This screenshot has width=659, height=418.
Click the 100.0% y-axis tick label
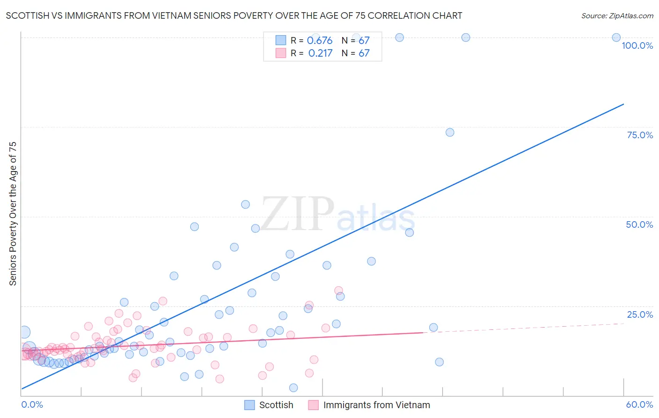(x=637, y=45)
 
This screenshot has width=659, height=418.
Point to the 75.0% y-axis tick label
(x=640, y=135)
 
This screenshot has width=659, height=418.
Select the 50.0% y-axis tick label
(x=639, y=224)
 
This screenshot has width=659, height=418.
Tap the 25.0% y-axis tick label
(x=640, y=314)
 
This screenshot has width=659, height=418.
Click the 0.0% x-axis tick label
(x=32, y=404)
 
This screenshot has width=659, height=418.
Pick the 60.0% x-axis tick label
(x=639, y=404)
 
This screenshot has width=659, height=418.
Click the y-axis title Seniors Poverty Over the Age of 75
(x=13, y=213)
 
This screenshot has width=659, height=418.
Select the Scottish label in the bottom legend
(x=276, y=405)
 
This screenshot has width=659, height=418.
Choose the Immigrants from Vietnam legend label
(x=376, y=405)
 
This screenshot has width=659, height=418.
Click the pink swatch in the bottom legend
(x=313, y=405)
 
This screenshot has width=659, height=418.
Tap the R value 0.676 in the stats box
(x=320, y=41)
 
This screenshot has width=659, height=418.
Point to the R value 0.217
(x=320, y=53)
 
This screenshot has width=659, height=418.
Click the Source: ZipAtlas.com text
(x=617, y=16)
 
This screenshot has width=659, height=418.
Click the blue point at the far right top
(x=616, y=37)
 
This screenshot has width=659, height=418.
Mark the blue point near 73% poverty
(x=450, y=132)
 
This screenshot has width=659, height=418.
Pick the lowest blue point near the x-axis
(x=293, y=388)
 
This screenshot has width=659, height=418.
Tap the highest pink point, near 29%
(x=338, y=291)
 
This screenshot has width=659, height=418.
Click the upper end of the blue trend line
(x=623, y=104)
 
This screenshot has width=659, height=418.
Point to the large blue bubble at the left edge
(x=24, y=332)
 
